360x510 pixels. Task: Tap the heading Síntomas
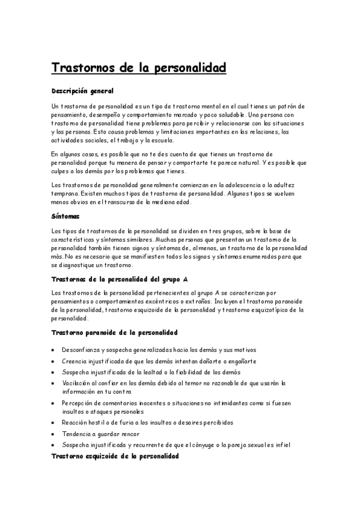tap(66, 215)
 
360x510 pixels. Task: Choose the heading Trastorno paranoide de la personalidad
tap(114, 332)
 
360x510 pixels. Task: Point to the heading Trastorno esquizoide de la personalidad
tap(115, 456)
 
